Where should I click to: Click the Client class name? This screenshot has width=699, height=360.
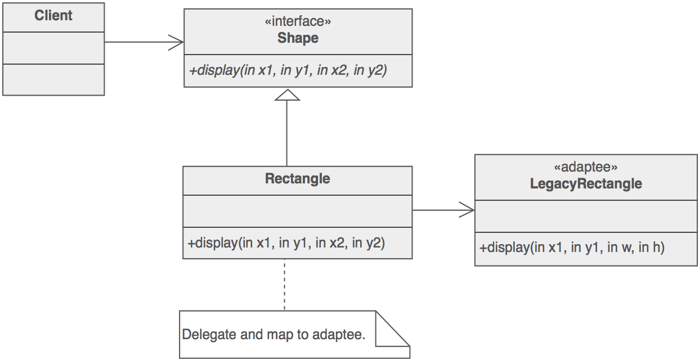pos(53,16)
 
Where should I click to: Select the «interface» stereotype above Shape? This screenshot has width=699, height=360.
pos(298,22)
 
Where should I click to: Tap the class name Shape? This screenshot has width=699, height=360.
pos(298,38)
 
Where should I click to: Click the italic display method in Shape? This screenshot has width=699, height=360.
pos(288,71)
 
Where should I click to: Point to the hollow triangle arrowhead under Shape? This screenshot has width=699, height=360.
pos(287,95)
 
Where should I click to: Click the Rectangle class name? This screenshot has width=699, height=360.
pos(297,179)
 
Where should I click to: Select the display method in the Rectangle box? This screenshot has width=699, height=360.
pos(286,243)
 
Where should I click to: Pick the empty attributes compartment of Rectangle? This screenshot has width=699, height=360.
pos(297,211)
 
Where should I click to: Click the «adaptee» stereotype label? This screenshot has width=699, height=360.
pos(586,167)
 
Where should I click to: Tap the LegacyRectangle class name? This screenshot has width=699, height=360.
pos(586,184)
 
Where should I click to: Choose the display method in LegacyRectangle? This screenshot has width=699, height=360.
pos(572,247)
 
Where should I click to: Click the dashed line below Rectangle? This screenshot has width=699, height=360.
pos(284,284)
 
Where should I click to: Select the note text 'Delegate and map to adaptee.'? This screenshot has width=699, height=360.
pos(274,335)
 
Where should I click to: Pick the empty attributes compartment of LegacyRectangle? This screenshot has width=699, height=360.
pos(586,215)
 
